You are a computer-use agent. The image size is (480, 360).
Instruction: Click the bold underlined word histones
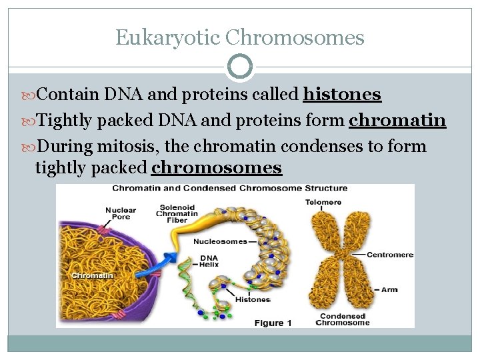coord(341,95)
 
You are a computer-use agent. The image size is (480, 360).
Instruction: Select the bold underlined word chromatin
coord(397,120)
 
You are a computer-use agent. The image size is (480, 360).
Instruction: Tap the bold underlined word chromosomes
coord(217,167)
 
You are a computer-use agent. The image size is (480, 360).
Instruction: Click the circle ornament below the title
coord(240,67)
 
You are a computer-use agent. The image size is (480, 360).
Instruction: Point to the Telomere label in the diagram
coord(323,202)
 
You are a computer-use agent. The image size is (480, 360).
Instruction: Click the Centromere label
coord(390,255)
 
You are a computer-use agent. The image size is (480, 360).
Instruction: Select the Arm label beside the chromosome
coord(389,290)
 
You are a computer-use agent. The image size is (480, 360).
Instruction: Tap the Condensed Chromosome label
coord(342,319)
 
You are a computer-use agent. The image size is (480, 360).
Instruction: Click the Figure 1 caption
coord(273,323)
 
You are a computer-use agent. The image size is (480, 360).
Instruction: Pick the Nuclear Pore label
coord(120,214)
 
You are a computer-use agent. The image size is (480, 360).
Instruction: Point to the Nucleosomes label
coord(219,241)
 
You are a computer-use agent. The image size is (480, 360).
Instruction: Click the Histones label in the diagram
coord(253,300)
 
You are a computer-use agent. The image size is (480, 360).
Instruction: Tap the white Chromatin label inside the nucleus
coord(91,275)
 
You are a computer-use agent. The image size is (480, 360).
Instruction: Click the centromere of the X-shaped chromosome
coord(343,255)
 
